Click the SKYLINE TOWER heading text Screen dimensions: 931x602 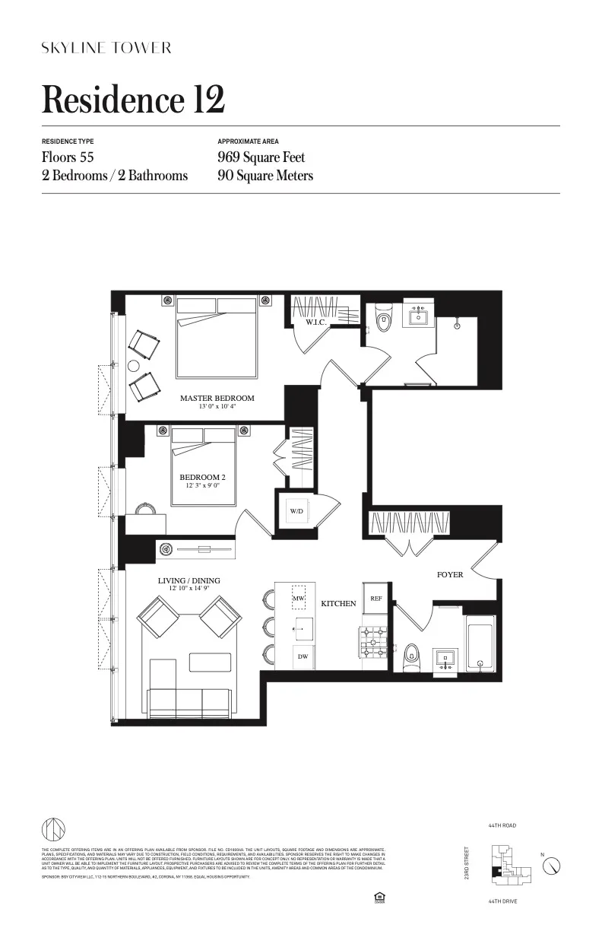coord(106,48)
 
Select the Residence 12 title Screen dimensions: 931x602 coord(133,100)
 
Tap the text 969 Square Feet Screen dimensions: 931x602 coord(261,157)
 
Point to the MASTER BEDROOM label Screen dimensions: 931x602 coord(217,398)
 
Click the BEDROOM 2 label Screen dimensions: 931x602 coord(202,477)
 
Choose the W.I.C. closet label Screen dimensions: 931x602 coord(316,323)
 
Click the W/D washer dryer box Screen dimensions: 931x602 coord(296,511)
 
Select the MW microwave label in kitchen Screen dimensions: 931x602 coord(298,599)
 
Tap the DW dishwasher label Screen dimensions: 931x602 coord(302,656)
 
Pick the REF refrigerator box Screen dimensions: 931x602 coord(375,599)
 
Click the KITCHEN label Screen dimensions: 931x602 coord(338,603)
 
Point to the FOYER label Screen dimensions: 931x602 coord(450,575)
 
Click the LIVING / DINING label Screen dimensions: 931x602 coord(189,580)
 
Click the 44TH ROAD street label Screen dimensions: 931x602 coord(503,825)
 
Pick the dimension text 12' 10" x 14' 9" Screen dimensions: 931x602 coord(189,589)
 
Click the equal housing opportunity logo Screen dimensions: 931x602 coord(379,898)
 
